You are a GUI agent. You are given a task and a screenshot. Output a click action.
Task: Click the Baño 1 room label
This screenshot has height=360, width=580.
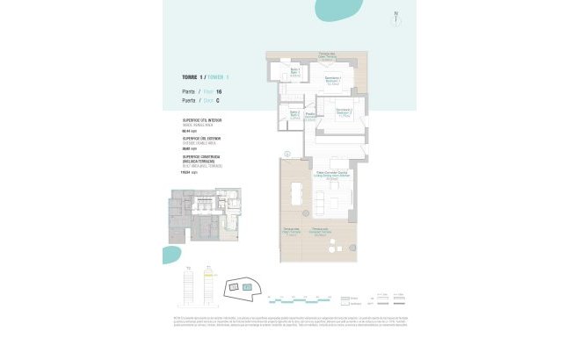295,72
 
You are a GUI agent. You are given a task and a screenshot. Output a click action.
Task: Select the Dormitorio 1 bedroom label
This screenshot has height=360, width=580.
332,81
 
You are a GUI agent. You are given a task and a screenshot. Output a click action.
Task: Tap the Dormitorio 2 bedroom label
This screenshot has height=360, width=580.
343,112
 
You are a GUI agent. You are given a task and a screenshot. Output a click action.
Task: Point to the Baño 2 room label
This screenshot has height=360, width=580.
295,114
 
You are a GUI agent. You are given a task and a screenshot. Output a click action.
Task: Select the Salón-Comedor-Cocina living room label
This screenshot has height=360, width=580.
328,173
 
